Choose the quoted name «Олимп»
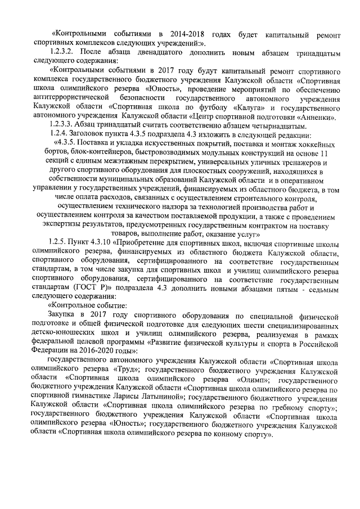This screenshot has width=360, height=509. (x=248, y=379)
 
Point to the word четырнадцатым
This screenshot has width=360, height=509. (x=307, y=125)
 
